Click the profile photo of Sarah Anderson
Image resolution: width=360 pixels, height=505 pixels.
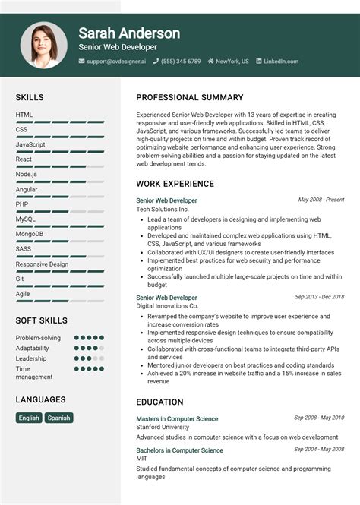(x=44, y=45)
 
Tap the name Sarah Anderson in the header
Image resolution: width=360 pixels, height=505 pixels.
(x=129, y=33)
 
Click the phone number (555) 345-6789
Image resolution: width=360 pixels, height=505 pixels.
(x=181, y=62)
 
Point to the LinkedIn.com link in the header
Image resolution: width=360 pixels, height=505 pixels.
(x=281, y=62)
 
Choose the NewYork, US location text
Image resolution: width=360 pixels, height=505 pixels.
(x=232, y=62)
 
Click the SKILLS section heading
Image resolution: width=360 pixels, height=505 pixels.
(x=30, y=98)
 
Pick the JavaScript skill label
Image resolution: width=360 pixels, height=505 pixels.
(x=30, y=144)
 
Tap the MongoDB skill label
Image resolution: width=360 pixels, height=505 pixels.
(x=29, y=234)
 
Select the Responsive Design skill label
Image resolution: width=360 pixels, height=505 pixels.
(x=42, y=264)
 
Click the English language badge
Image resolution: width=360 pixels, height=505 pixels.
(x=29, y=418)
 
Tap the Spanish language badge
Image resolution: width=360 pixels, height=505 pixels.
(x=58, y=418)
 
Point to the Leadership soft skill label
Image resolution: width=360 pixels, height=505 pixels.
(x=31, y=358)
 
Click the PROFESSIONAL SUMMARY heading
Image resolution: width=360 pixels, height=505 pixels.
(x=190, y=98)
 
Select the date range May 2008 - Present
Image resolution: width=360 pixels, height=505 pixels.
(x=321, y=200)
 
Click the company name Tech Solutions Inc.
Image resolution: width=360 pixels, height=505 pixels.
(x=162, y=209)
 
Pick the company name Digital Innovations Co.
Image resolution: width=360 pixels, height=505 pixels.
(x=167, y=306)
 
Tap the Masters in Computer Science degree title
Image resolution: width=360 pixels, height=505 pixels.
(x=177, y=418)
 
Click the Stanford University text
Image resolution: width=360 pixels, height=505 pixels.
(x=164, y=428)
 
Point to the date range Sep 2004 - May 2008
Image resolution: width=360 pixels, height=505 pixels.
(x=319, y=449)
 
